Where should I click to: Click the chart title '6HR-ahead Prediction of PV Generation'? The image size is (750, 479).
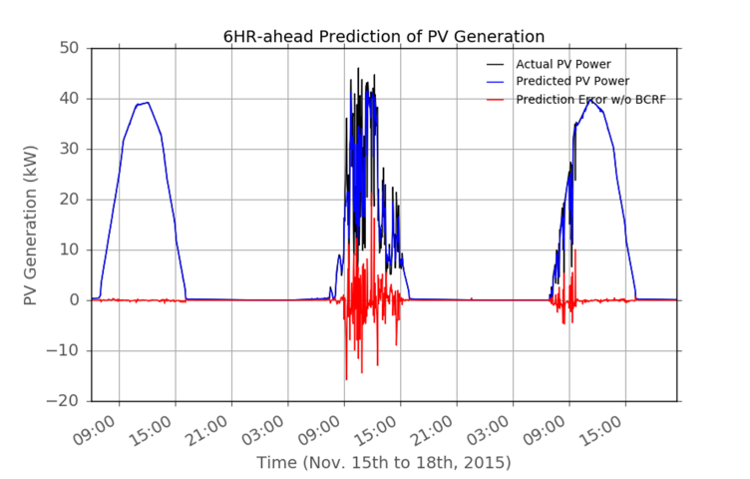click(x=383, y=37)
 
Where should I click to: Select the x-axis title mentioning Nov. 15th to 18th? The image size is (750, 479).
click(x=383, y=463)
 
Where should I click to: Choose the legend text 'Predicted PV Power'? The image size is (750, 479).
click(x=569, y=81)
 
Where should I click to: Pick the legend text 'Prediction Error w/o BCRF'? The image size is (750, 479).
click(x=589, y=99)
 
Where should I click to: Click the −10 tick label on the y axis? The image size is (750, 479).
click(x=65, y=350)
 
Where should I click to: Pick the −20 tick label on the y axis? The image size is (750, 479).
click(x=65, y=400)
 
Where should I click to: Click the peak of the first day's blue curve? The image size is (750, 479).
click(x=148, y=102)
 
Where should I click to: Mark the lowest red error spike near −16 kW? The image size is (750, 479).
click(x=346, y=379)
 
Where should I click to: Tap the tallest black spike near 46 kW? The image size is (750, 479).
click(x=359, y=69)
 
